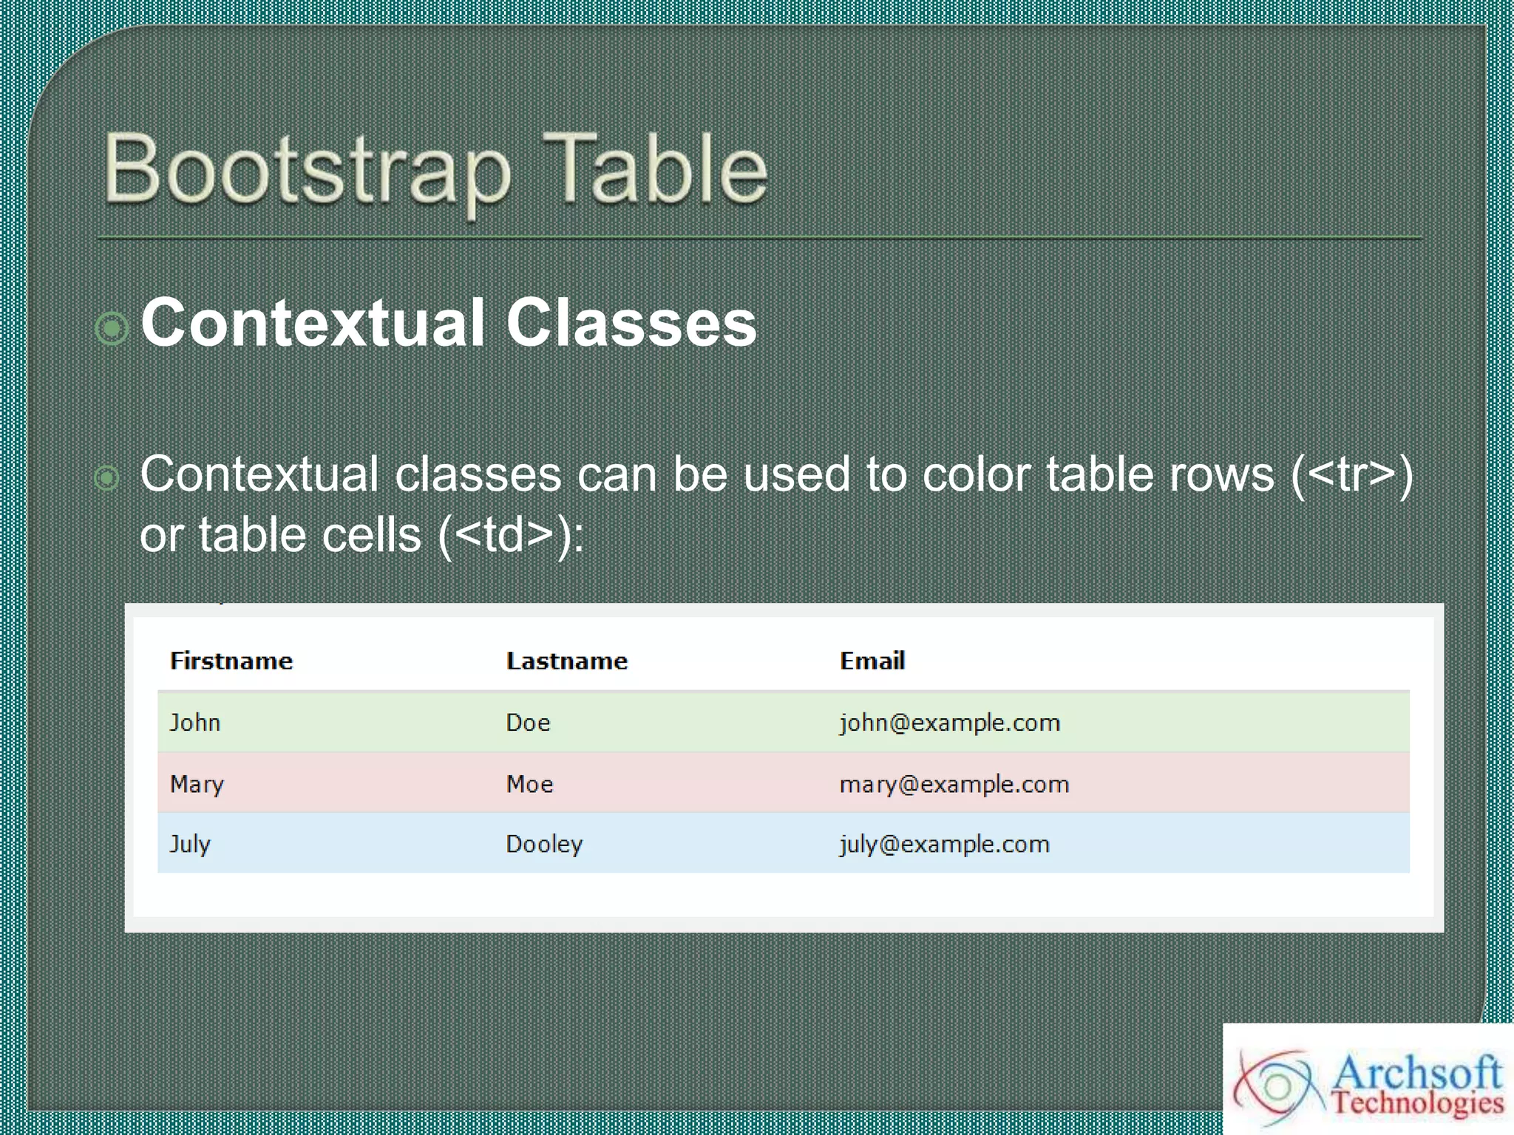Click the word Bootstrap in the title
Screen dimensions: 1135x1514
coord(307,170)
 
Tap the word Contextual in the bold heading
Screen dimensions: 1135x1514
coord(313,323)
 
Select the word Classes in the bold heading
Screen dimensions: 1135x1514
coord(631,323)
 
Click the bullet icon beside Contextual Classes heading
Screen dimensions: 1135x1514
coord(112,327)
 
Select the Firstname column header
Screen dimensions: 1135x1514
coord(231,661)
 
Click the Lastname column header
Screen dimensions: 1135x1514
coord(567,661)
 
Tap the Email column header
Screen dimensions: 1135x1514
coord(872,661)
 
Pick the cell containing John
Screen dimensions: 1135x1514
coord(195,722)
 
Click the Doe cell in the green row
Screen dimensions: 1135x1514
coord(528,722)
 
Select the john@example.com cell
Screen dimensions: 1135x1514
coord(950,722)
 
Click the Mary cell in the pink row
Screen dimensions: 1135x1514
coord(197,783)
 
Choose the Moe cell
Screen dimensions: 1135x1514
coord(529,783)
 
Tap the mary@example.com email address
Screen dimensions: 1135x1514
coord(954,783)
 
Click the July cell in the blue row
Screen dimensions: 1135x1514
coord(190,844)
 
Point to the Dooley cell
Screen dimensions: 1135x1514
coord(544,844)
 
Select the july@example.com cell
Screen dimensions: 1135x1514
coord(945,844)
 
